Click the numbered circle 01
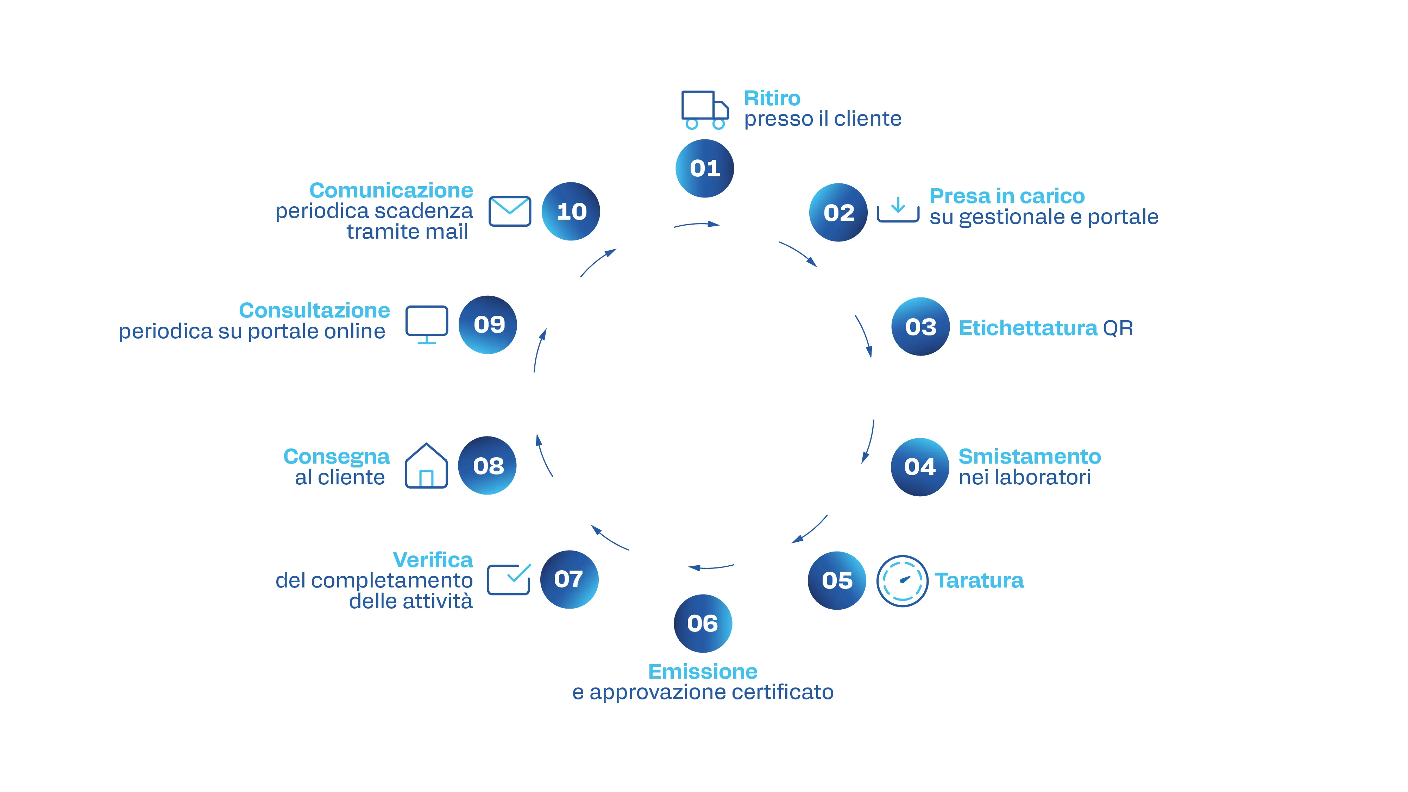705,168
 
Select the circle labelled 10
571,212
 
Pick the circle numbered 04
920,467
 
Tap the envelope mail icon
509,211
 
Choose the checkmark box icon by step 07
509,579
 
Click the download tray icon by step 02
898,210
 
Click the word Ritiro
772,99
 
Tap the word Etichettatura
1027,328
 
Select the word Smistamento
1029,457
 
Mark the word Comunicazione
391,190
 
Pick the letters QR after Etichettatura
1118,328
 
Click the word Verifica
432,560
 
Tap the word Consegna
336,457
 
